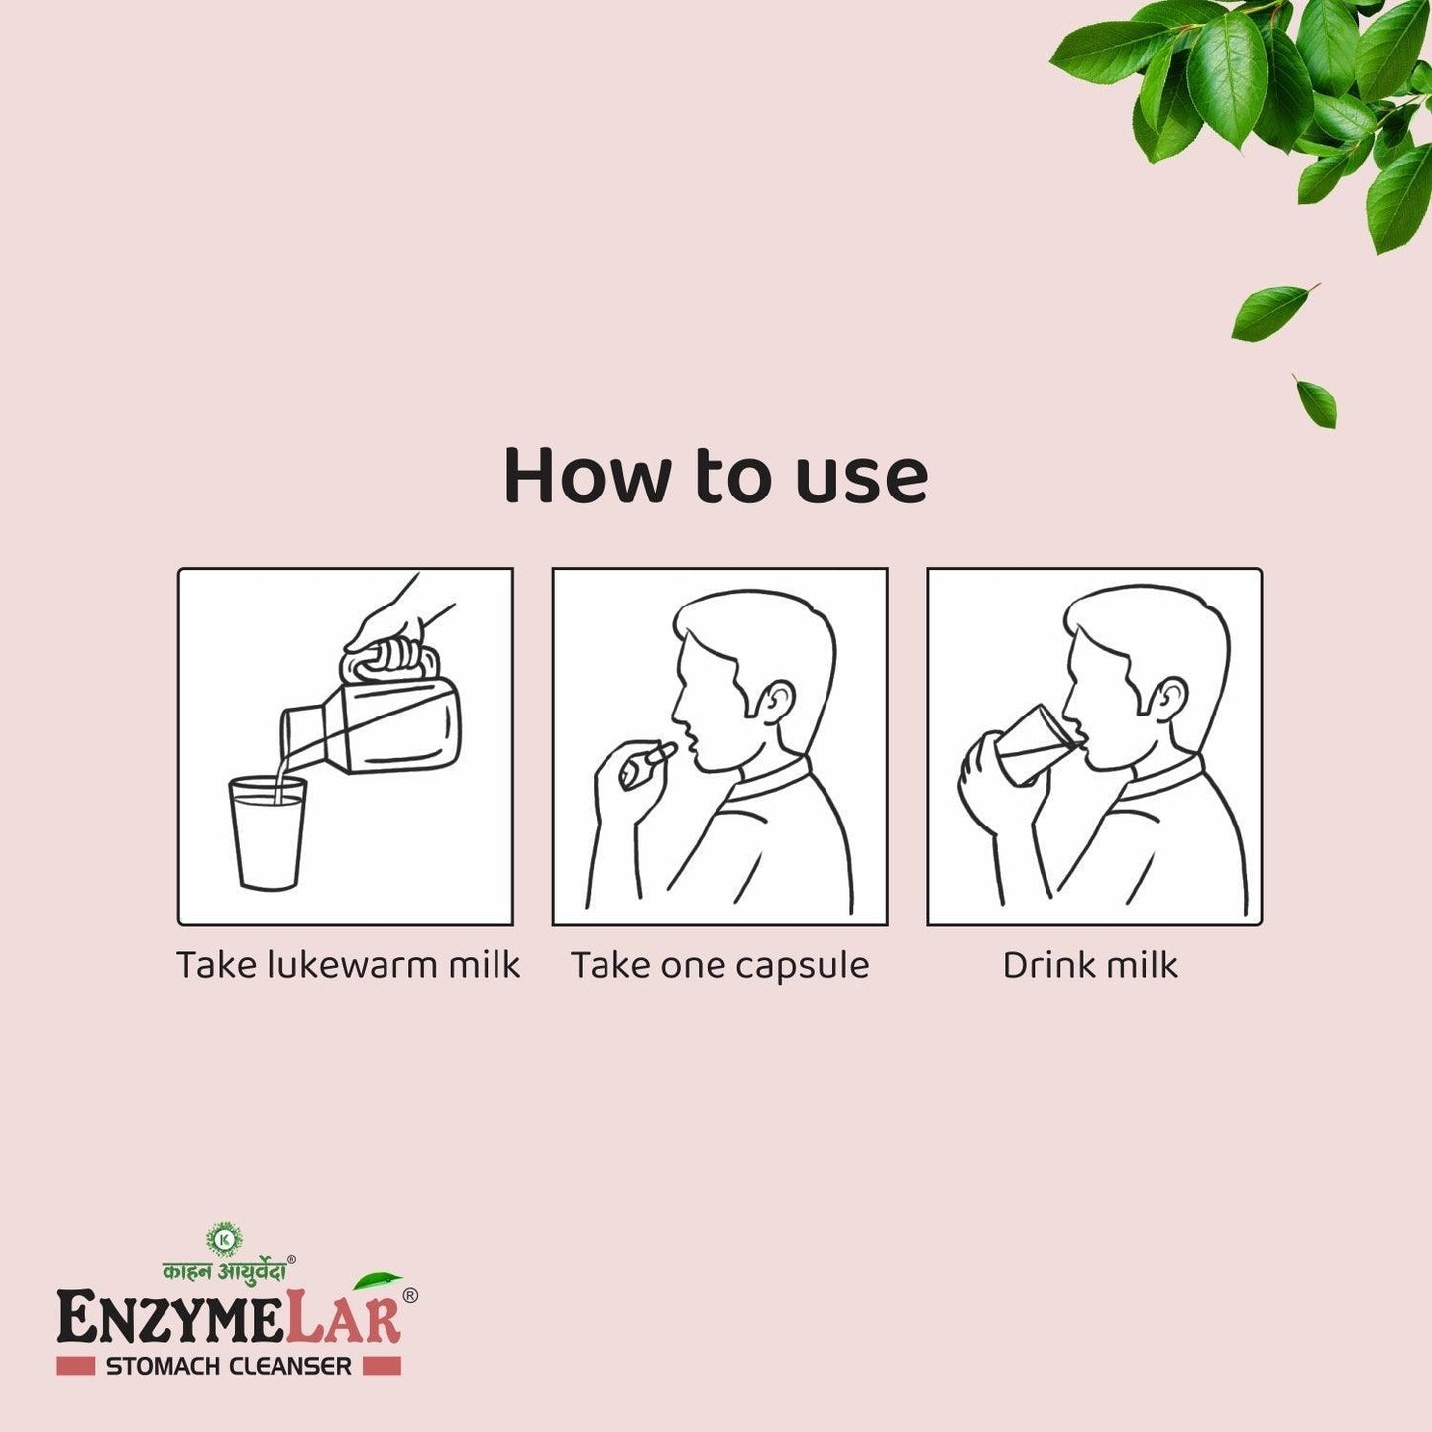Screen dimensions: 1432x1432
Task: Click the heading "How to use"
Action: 716,477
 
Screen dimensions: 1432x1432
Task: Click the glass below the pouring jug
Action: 268,832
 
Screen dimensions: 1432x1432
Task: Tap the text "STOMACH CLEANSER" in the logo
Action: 228,1366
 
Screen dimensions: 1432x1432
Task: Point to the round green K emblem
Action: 224,1238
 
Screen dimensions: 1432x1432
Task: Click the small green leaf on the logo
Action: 378,1281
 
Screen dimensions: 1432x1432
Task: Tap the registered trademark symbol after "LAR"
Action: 409,1295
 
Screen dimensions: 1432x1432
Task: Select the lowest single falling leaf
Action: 1317,401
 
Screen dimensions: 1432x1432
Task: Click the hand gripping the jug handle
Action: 391,624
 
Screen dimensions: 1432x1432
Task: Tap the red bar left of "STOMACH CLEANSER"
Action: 75,1366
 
